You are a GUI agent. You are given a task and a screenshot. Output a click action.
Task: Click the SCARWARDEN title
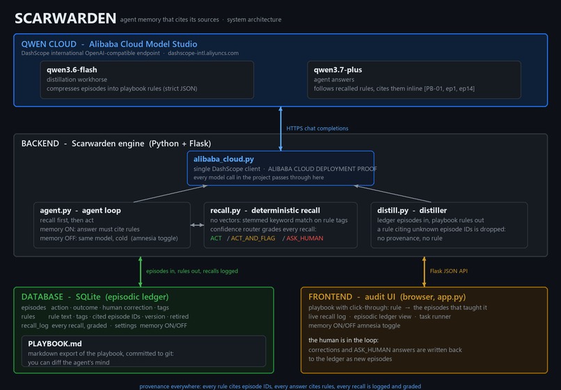pyautogui.click(x=65, y=18)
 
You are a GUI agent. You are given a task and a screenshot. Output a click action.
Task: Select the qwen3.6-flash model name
pyautogui.click(x=72, y=70)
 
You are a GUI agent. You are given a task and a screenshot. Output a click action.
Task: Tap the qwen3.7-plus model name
pyautogui.click(x=338, y=70)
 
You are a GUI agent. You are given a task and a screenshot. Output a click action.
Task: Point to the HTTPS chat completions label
pyautogui.click(x=317, y=129)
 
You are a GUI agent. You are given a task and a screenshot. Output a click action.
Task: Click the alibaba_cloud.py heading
pyautogui.click(x=223, y=159)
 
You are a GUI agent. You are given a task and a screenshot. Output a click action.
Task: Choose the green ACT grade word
pyautogui.click(x=216, y=238)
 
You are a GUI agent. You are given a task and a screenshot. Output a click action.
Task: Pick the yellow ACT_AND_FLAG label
pyautogui.click(x=253, y=238)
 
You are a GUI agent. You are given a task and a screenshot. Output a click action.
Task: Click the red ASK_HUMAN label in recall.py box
pyautogui.click(x=304, y=238)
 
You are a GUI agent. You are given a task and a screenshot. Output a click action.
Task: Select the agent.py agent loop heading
pyautogui.click(x=80, y=211)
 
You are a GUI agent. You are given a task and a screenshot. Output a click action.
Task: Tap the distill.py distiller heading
pyautogui.click(x=412, y=211)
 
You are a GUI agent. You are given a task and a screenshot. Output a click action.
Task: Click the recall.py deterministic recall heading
pyautogui.click(x=265, y=211)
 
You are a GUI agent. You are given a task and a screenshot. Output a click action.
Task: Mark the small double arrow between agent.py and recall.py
pyautogui.click(x=197, y=225)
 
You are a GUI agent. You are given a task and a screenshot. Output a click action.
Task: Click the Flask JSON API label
pyautogui.click(x=449, y=271)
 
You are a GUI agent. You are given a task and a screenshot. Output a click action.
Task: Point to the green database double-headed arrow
pyautogui.click(x=141, y=272)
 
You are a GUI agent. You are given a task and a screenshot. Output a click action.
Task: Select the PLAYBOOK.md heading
pyautogui.click(x=55, y=343)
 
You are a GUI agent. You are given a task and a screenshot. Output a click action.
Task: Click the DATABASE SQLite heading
pyautogui.click(x=95, y=297)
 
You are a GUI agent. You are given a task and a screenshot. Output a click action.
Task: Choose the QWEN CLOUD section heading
pyautogui.click(x=109, y=44)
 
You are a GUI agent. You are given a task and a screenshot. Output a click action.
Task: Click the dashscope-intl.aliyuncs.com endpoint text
pyautogui.click(x=203, y=54)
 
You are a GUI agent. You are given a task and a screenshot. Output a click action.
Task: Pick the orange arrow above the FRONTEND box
pyautogui.click(x=424, y=272)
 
